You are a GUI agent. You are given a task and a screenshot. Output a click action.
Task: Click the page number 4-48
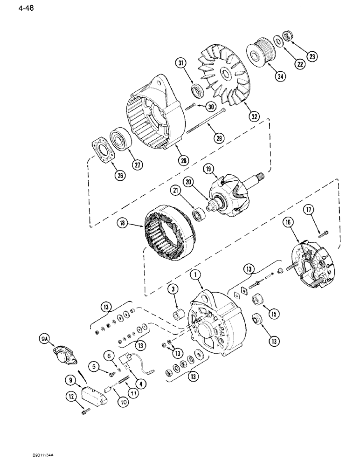[14, 8]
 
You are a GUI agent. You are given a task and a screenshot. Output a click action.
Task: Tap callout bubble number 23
[312, 57]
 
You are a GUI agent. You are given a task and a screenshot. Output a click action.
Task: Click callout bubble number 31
[182, 63]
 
